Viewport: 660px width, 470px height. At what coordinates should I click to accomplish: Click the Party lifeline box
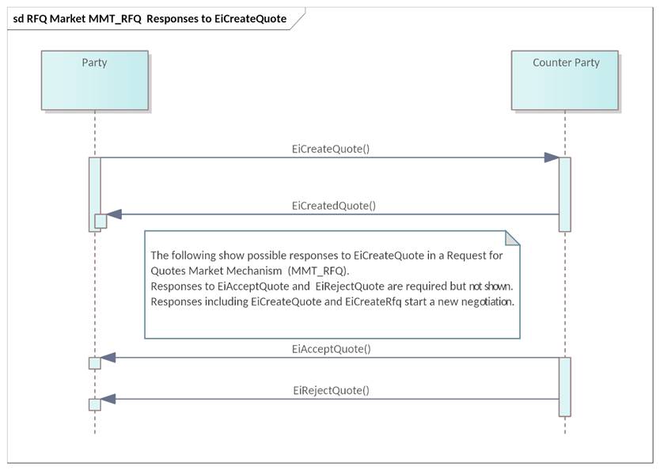(x=94, y=80)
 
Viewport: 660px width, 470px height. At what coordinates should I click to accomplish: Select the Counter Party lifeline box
(x=565, y=80)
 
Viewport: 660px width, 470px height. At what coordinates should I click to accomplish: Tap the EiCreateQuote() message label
(x=330, y=148)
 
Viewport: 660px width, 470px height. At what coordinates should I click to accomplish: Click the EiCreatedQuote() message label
(x=333, y=206)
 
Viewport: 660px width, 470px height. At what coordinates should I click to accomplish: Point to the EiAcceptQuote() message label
(x=331, y=348)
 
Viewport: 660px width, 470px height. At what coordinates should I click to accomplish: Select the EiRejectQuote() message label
(x=331, y=390)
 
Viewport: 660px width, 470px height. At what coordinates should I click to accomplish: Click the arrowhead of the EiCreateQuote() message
(x=552, y=157)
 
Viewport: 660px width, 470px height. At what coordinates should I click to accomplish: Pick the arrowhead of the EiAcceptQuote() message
(x=108, y=358)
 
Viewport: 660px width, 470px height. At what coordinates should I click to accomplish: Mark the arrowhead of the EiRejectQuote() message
(x=108, y=399)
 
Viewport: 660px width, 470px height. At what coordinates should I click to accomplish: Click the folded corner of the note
(x=512, y=238)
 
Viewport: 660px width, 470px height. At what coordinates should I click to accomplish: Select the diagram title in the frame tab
(x=150, y=18)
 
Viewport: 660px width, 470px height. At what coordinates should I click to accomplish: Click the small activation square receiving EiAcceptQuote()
(x=95, y=363)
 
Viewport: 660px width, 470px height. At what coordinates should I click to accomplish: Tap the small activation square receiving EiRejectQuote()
(x=95, y=404)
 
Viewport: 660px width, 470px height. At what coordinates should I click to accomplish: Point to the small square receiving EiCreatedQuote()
(x=101, y=221)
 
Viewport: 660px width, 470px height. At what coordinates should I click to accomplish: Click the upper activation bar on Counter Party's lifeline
(x=565, y=194)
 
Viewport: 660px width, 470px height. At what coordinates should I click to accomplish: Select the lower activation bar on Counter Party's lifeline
(x=565, y=386)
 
